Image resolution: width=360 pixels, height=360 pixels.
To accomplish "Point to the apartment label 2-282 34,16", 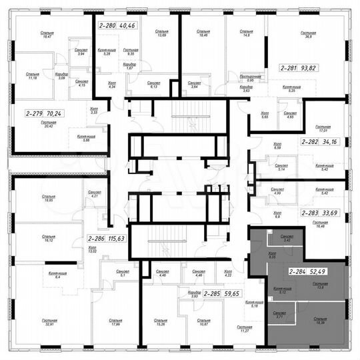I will [318, 142].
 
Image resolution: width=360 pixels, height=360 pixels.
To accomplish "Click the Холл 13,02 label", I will [92, 251].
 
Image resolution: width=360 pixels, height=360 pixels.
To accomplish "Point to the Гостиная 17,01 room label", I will [323, 128].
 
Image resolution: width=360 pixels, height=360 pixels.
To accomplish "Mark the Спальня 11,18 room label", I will [32, 76].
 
